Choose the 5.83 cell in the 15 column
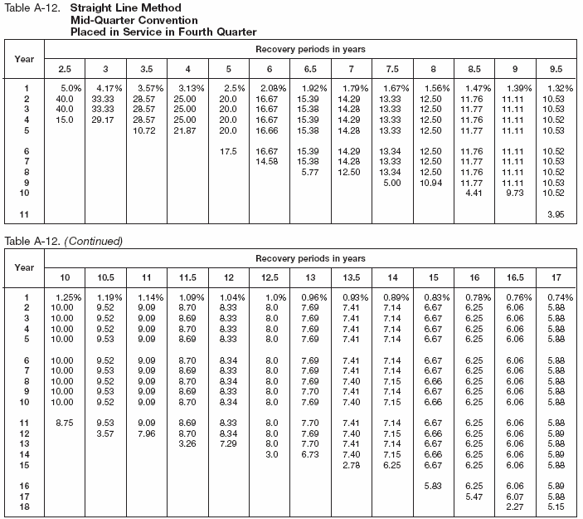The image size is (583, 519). [431, 487]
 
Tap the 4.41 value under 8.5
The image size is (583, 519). [471, 193]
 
